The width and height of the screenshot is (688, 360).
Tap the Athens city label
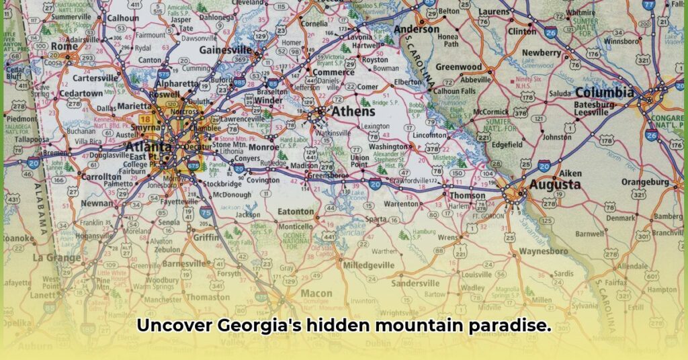click(x=350, y=111)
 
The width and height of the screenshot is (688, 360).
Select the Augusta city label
click(x=554, y=184)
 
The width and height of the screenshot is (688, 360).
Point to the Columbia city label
click(x=604, y=93)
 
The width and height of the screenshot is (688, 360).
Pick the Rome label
click(x=64, y=46)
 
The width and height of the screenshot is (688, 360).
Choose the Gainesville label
click(x=226, y=50)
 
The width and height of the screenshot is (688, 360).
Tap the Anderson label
click(x=417, y=30)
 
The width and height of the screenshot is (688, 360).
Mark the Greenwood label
click(x=459, y=67)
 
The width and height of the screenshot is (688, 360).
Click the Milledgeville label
click(x=368, y=265)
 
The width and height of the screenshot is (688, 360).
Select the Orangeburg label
click(x=644, y=182)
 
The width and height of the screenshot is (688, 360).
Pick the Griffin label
click(x=206, y=237)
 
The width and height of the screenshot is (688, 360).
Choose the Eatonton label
click(x=296, y=212)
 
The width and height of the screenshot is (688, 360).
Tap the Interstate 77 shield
click(x=648, y=4)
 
